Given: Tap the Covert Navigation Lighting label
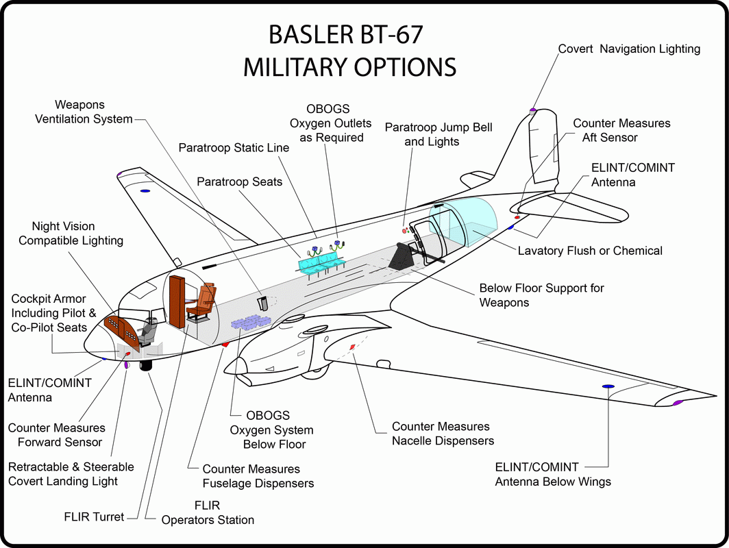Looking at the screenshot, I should tap(629, 49).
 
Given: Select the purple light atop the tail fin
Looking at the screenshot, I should tap(532, 110).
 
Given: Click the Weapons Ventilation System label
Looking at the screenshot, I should tap(93, 112).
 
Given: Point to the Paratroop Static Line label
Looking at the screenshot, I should tap(234, 148).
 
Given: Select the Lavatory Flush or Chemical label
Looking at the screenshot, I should tap(589, 251).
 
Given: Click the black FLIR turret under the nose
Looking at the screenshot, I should tap(146, 366).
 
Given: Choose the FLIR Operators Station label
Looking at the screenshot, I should tap(208, 512).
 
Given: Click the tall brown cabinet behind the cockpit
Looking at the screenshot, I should tap(176, 301).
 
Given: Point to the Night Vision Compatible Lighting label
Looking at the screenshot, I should tap(71, 234).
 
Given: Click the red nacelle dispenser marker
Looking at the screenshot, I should tap(352, 347).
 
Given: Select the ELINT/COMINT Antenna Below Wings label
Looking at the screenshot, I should tap(553, 474).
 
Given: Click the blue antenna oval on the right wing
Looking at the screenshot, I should tap(607, 387).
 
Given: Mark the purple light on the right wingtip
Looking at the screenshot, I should tap(678, 402).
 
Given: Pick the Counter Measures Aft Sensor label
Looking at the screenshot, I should tap(621, 130).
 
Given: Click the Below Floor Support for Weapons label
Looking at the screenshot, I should tap(541, 295).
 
